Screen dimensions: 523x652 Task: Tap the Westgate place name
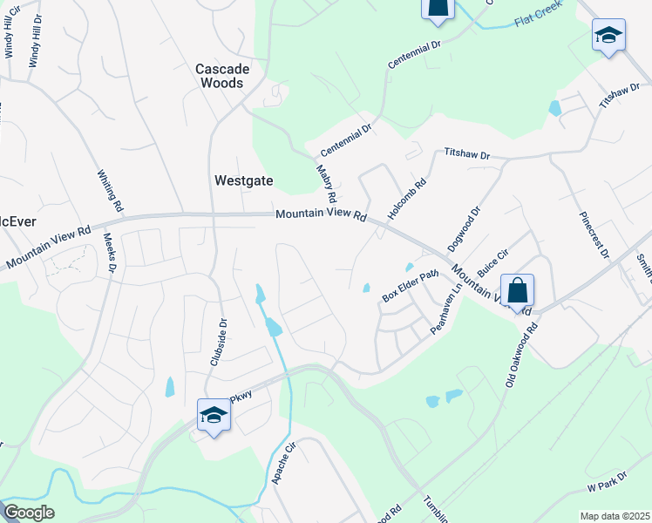(243, 181)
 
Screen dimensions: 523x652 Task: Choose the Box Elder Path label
(410, 286)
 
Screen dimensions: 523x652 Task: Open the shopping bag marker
(517, 290)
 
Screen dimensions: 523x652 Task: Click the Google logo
(28, 513)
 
